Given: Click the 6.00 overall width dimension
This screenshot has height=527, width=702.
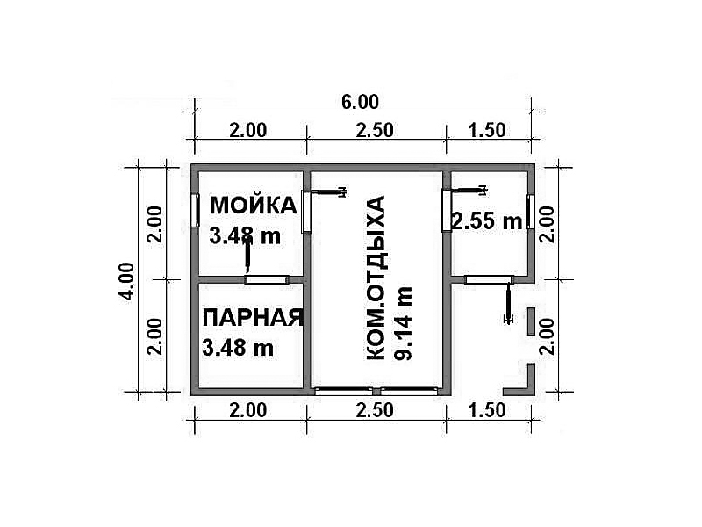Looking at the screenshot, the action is click(360, 102).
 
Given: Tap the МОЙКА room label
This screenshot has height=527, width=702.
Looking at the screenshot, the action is click(253, 206).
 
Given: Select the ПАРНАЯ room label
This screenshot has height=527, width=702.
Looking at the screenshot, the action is click(253, 318).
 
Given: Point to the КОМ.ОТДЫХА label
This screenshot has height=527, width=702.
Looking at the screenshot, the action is click(376, 278).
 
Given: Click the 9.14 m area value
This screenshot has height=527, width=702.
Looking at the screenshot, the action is click(403, 322).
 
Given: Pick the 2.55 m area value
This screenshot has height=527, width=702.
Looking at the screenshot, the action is click(487, 221).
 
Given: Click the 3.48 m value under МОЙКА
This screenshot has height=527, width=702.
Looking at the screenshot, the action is click(245, 235).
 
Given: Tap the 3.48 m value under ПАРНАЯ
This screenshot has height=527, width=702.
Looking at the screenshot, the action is click(238, 348).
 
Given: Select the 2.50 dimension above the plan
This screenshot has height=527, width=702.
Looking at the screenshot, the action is click(375, 130).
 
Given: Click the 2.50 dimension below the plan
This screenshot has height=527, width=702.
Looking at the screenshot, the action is click(375, 410).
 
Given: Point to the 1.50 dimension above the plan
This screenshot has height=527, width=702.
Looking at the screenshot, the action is click(487, 130).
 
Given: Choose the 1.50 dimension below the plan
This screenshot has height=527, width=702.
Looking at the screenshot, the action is click(487, 410).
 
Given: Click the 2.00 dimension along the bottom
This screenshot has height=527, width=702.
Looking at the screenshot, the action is click(248, 410).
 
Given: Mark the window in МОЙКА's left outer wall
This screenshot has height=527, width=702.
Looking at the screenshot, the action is click(195, 210).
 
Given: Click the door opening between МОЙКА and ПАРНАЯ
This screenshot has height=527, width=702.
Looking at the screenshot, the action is click(267, 279).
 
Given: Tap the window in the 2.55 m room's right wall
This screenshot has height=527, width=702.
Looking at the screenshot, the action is click(531, 212).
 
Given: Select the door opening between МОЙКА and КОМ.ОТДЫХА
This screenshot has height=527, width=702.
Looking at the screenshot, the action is click(306, 212).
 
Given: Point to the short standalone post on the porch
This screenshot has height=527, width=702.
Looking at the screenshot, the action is click(531, 321).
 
